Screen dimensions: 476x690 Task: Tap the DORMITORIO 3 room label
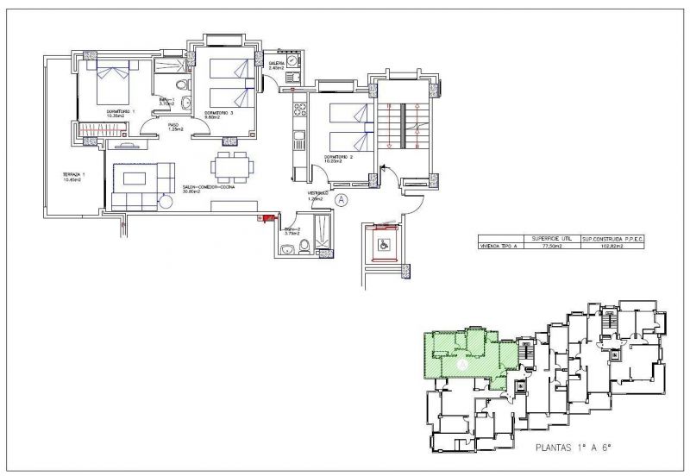pos(220,113)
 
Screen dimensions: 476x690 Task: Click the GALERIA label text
pos(277,64)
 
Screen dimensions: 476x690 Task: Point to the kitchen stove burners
pos(301,110)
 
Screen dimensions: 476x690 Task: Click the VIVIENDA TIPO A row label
pos(499,246)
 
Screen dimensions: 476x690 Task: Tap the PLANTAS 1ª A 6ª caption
pos(573,448)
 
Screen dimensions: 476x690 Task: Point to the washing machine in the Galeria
pos(293,62)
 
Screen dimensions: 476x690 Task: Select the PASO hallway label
pos(173,126)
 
